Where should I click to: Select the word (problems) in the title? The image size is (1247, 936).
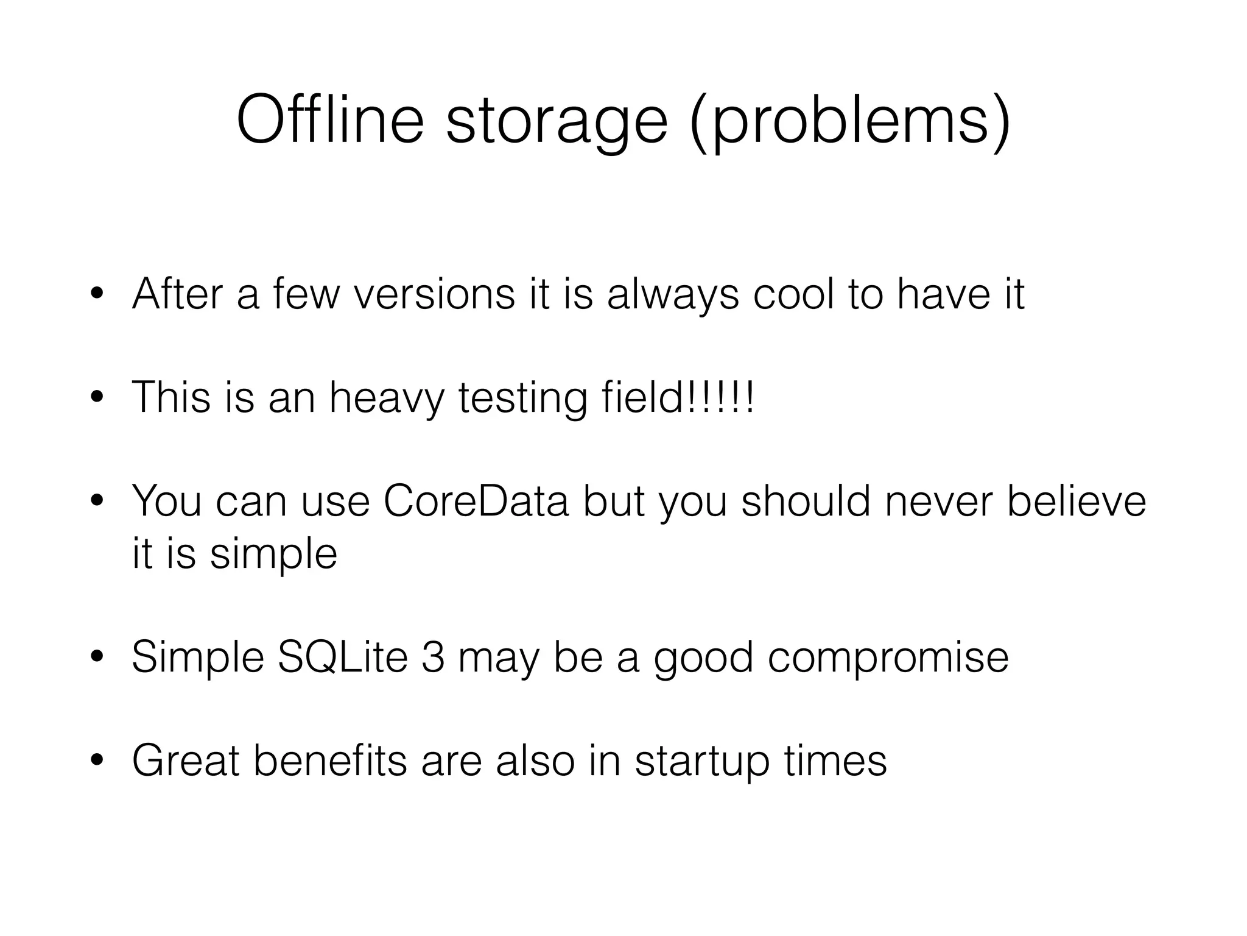point(850,122)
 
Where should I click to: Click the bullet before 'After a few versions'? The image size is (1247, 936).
point(96,296)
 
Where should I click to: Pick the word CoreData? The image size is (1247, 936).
point(476,501)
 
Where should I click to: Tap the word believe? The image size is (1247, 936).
point(1077,501)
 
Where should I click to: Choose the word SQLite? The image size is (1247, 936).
point(342,657)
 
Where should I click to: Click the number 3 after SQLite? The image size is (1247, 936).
point(432,657)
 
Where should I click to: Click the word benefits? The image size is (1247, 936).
point(329,760)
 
